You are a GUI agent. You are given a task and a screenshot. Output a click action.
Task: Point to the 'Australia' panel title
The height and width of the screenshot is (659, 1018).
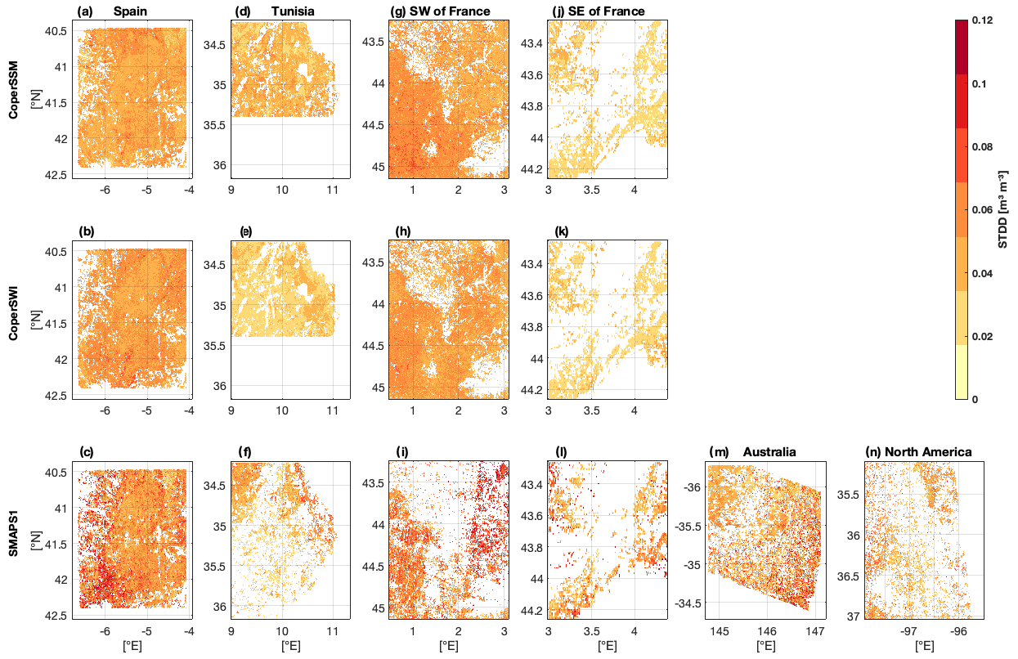coord(769,451)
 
